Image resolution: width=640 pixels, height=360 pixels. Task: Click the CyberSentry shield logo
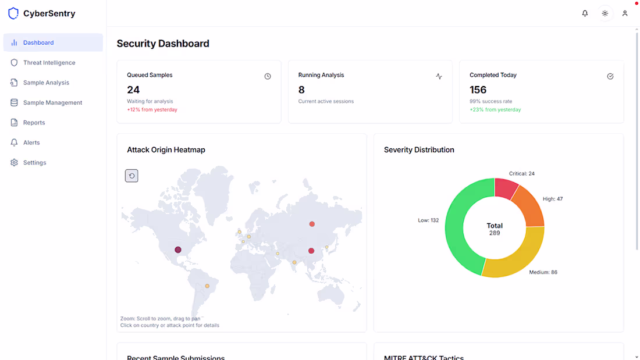coord(13,13)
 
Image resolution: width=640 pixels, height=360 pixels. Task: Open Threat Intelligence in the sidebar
coord(49,63)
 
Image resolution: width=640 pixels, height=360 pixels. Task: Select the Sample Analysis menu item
coord(46,83)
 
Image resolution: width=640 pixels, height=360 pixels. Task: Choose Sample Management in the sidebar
coord(52,103)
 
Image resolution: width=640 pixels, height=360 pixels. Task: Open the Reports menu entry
coord(34,123)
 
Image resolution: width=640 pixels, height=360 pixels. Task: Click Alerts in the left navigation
coord(31,142)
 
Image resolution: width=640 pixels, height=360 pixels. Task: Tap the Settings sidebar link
coord(34,163)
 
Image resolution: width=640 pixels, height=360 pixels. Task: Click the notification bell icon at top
coord(585,13)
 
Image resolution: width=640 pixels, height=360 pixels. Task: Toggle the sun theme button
coord(605,13)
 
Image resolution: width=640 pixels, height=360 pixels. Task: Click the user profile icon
coord(625,13)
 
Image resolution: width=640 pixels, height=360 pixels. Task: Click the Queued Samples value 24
coord(133,90)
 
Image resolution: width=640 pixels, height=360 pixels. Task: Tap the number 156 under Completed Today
coord(478,90)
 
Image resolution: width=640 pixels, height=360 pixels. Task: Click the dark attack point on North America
coord(178,249)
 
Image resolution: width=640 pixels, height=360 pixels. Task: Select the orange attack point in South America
coord(207,286)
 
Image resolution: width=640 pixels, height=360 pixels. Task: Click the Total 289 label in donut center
coord(495,229)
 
